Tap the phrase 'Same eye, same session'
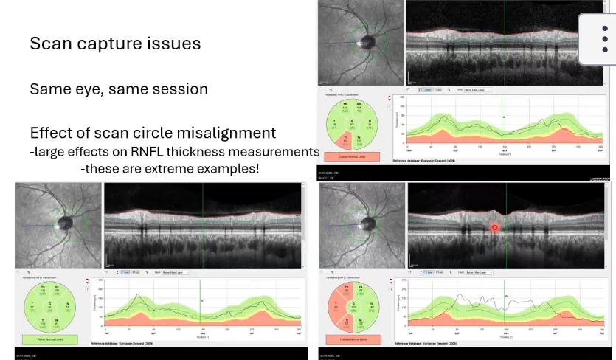[118, 89]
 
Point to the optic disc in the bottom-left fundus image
[65, 221]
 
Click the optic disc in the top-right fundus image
[363, 41]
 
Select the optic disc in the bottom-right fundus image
[366, 221]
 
